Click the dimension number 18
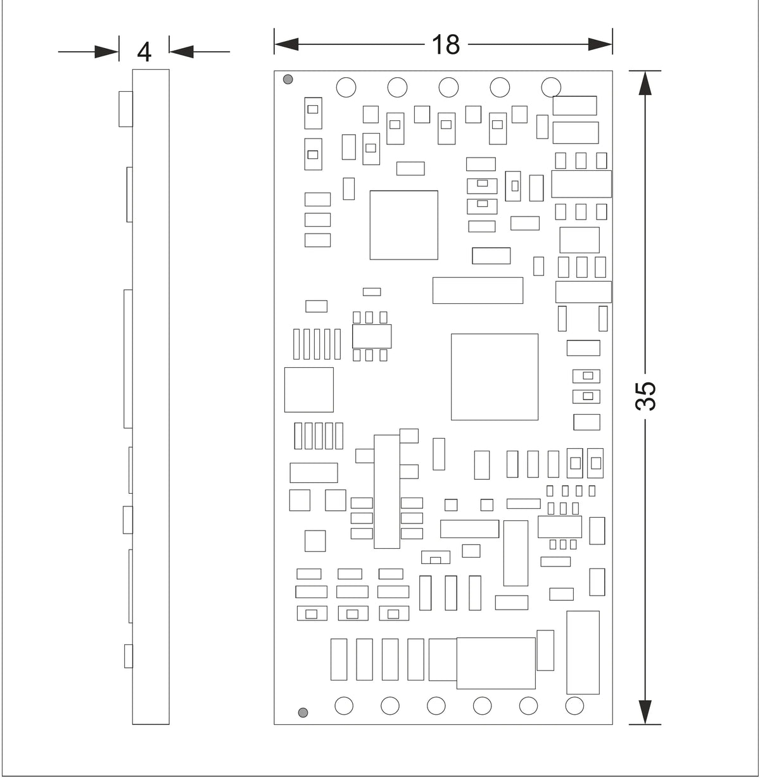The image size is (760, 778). point(446,44)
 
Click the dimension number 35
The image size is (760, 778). point(645,396)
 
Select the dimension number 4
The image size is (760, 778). point(144,53)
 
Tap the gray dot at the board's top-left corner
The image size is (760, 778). point(288,79)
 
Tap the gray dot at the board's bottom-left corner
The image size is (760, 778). point(303,712)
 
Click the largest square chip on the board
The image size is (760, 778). point(495,377)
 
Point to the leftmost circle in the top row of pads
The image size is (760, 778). point(346,87)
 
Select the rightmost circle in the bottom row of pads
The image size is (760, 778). point(574,706)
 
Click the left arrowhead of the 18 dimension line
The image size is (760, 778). point(286,44)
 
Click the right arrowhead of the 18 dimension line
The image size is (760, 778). point(600,44)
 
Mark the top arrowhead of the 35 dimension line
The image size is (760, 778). point(645,83)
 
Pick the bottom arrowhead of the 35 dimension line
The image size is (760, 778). point(645,712)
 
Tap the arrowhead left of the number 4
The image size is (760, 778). point(107,51)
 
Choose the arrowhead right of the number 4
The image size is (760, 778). point(181,51)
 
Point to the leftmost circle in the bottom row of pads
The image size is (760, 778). point(344,706)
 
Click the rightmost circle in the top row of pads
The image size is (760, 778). point(551,87)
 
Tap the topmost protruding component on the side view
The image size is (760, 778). point(125,109)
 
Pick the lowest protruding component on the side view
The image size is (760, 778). point(128,656)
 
